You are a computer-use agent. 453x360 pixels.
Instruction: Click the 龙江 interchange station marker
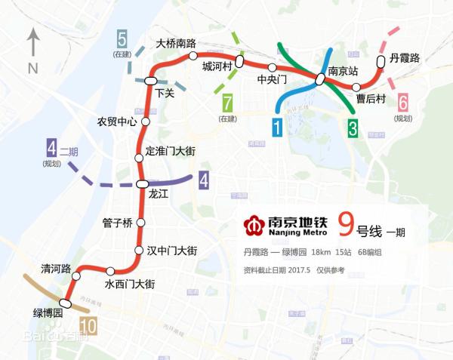pyautogui.click(x=143, y=184)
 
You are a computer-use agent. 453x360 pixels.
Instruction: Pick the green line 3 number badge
pyautogui.click(x=352, y=128)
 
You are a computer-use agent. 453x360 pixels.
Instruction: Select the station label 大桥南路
pyautogui.click(x=175, y=44)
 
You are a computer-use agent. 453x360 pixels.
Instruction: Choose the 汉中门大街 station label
pyautogui.click(x=171, y=251)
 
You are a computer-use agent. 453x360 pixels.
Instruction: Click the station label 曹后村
pyautogui.click(x=371, y=99)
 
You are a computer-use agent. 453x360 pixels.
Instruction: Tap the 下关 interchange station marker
pyautogui.click(x=151, y=80)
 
